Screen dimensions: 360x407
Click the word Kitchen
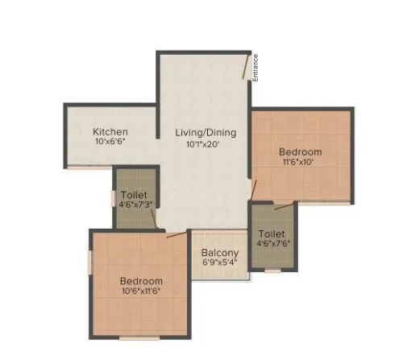[110, 131]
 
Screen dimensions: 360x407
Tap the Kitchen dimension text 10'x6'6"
[110, 142]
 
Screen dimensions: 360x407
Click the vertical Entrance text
[255, 66]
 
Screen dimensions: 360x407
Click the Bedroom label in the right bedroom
[301, 152]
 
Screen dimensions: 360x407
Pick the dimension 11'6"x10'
[301, 163]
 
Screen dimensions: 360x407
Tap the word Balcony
[218, 251]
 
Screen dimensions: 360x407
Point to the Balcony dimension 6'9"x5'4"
[218, 262]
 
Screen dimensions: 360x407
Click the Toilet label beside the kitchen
[133, 194]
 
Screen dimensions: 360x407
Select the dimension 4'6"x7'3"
[133, 205]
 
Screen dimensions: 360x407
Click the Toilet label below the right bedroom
[272, 234]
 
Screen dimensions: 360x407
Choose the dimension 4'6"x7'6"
[272, 245]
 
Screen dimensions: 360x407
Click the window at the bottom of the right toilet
[273, 271]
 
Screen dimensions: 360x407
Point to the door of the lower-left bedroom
[175, 235]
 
